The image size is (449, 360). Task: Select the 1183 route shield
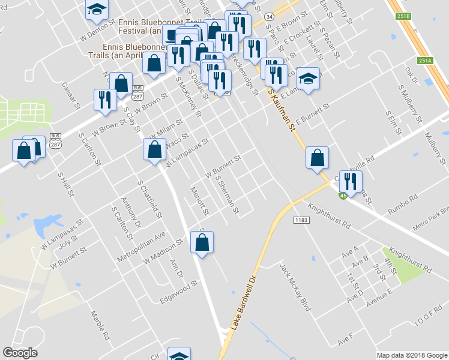(301, 221)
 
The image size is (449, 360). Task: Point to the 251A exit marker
(425, 61)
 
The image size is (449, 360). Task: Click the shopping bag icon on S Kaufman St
(317, 158)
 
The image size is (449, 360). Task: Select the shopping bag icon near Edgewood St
(202, 242)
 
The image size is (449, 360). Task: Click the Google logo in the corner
(20, 353)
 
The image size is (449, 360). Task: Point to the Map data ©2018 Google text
(411, 355)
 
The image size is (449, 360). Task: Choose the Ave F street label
(345, 340)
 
